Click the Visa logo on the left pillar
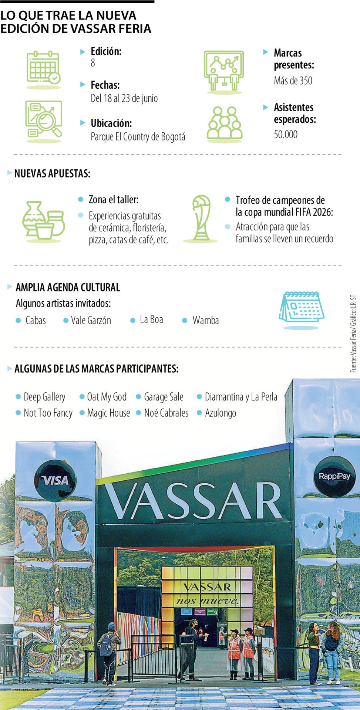pos(55,480)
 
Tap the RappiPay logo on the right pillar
pos(334,476)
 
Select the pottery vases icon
pos(43,221)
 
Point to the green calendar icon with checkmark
pos(43,68)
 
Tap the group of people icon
pos(224,123)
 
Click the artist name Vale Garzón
pos(91,320)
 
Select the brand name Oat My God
pos(107,397)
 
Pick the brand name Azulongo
pos(221,413)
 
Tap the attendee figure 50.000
pos(286,134)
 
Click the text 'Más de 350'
pos(293,81)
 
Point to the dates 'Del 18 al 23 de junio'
pos(124,98)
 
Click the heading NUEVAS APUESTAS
pos(52,173)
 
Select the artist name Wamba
pos(205,320)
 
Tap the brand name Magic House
pos(108,413)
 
